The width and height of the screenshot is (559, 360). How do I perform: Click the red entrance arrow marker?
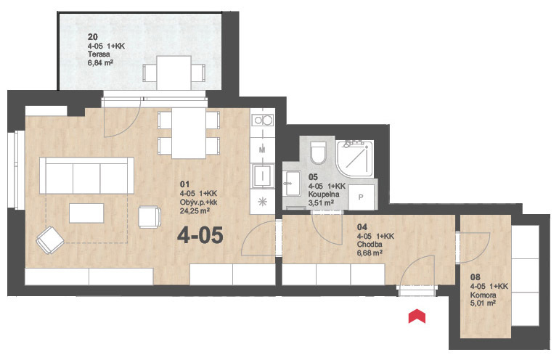point(417,317)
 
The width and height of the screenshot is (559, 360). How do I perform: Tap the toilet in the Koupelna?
point(318,152)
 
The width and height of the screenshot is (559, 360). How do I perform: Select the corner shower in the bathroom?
point(356,159)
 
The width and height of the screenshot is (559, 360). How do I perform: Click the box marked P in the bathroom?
point(361,197)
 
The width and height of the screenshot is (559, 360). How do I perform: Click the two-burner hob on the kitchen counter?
point(263,120)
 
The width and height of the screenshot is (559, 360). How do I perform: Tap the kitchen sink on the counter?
point(263,176)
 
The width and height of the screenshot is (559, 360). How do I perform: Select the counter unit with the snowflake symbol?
point(262,202)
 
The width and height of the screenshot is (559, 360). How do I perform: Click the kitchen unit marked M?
point(262,150)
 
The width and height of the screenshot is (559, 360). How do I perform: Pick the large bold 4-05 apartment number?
point(200,235)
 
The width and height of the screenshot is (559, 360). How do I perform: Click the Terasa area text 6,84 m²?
point(100,63)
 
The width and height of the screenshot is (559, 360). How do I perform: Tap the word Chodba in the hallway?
point(370,245)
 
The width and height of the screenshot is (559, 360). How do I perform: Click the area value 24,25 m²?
point(195,210)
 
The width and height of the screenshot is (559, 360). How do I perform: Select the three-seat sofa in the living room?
point(86,176)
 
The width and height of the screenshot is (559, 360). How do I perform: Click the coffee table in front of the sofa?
point(86,213)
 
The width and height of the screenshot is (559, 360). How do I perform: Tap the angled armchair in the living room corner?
point(50,240)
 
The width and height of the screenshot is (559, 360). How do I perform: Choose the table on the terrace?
point(174,73)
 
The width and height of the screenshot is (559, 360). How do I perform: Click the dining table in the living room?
point(189,133)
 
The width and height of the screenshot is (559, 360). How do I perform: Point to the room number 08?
point(476,277)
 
